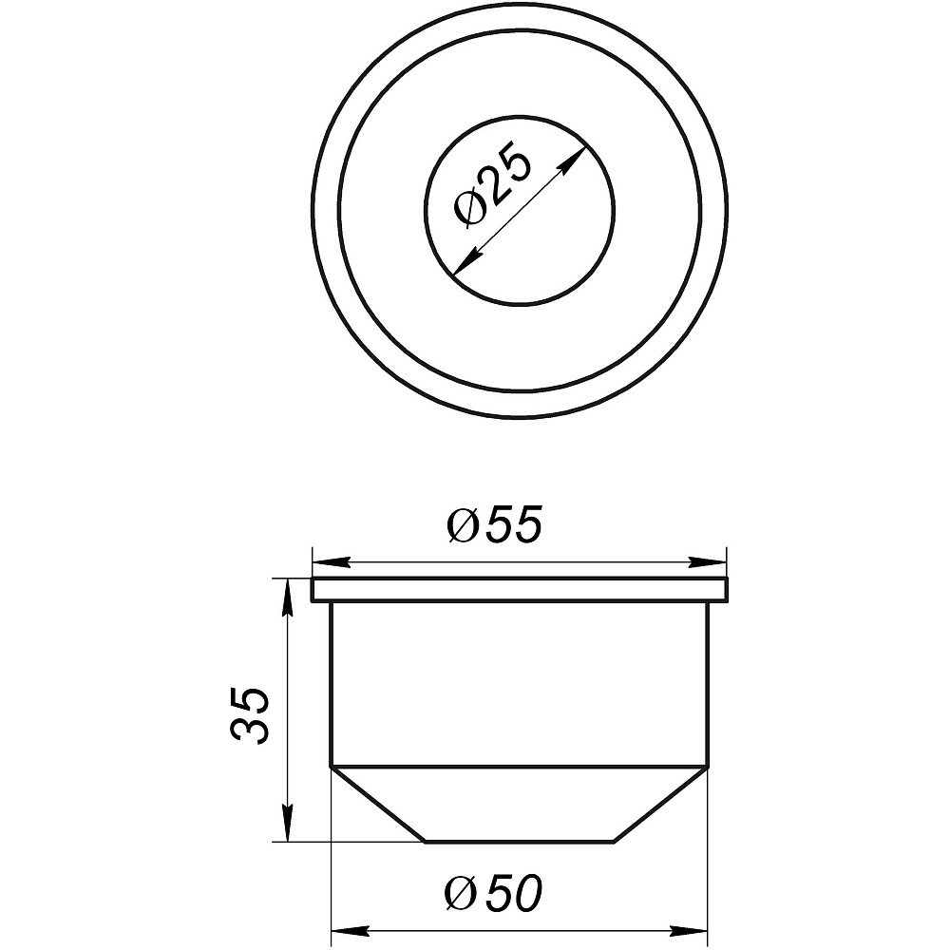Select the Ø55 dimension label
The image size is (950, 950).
tap(494, 527)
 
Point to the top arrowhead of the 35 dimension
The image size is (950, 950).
tap(287, 591)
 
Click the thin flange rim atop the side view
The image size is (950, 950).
tap(521, 589)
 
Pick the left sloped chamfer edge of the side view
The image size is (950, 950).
tap(376, 804)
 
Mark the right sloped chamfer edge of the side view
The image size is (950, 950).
tap(662, 804)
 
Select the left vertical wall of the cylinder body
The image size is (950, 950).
tap(331, 684)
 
